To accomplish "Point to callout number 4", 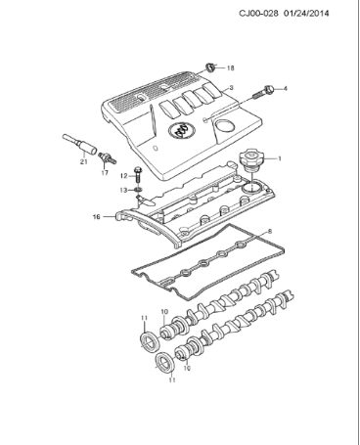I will pos(285,89).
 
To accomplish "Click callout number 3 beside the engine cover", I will pos(231,89).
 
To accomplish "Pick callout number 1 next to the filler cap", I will pos(280,157).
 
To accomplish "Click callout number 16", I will pos(96,216).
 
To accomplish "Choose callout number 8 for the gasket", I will pos(270,232).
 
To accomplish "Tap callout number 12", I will pos(124,174).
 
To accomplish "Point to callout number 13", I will pos(124,189).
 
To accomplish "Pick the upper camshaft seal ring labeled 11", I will pos(149,341).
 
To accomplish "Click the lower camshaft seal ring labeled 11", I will pos(163,368).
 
